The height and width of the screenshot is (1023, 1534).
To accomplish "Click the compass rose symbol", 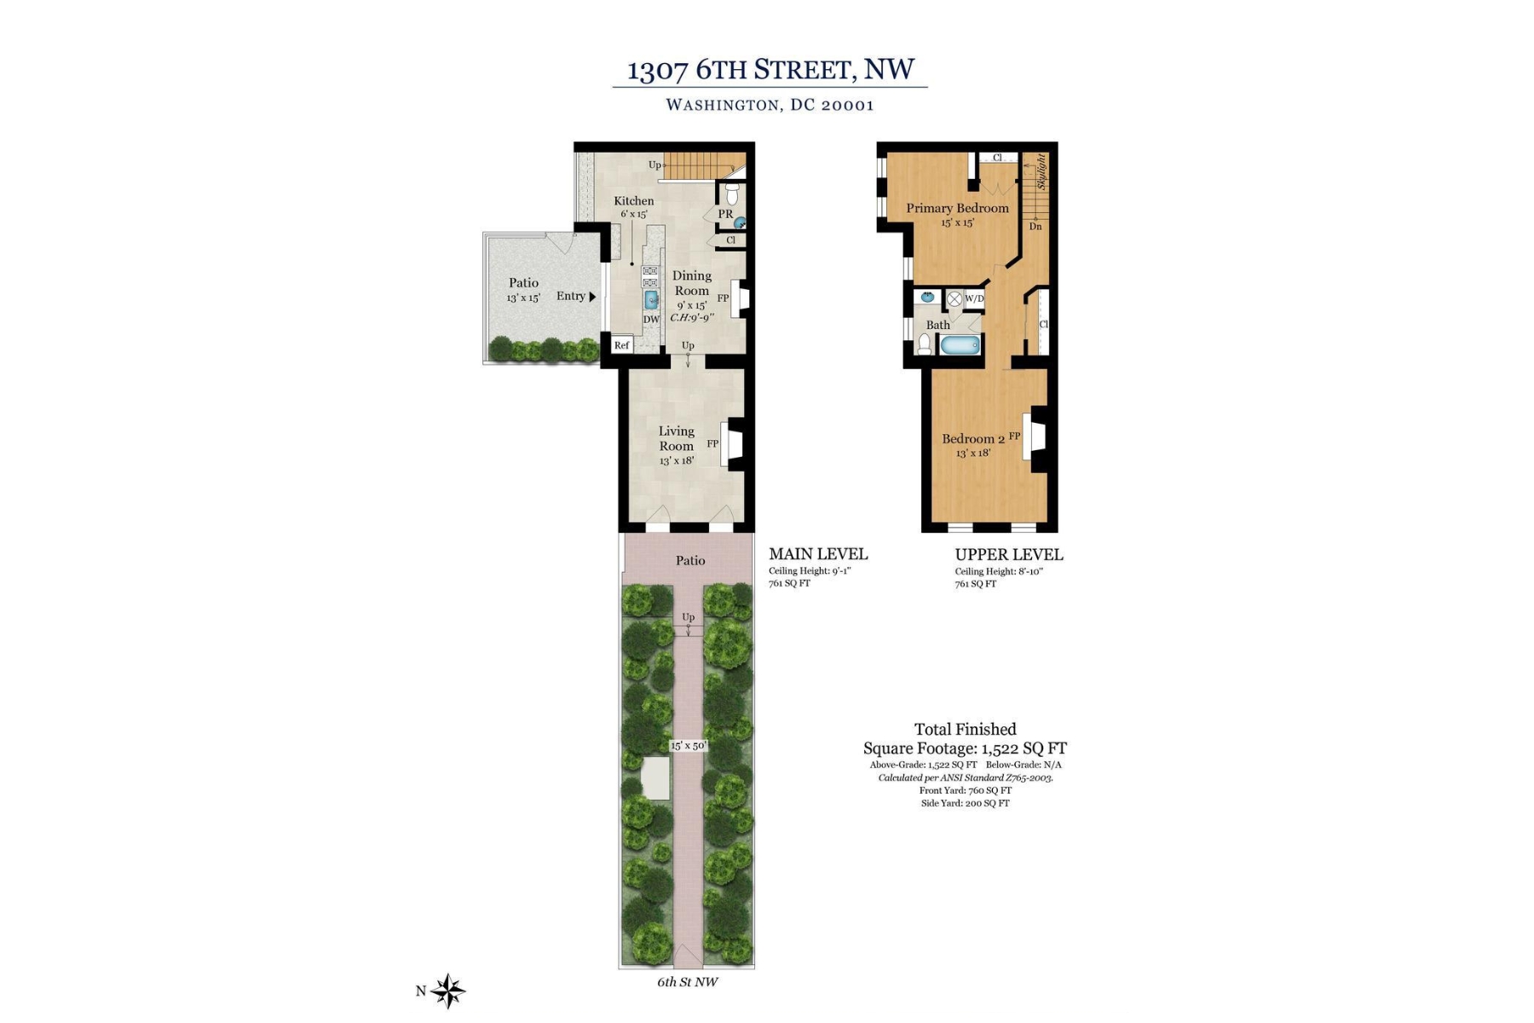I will click(447, 991).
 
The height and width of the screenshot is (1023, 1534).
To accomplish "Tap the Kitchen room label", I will click(634, 201).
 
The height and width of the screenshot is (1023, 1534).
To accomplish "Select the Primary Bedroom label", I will click(957, 208).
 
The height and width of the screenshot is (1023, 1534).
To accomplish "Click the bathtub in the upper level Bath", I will click(960, 346).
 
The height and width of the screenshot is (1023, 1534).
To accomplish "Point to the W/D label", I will click(974, 299).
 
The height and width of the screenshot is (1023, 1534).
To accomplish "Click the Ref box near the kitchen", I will click(622, 345).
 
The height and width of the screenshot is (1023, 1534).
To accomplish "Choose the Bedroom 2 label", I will click(972, 439).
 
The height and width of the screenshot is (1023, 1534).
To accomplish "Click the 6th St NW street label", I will click(687, 982).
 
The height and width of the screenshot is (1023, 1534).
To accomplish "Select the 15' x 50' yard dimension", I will click(689, 746).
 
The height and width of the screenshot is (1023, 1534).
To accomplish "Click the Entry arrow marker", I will click(592, 297).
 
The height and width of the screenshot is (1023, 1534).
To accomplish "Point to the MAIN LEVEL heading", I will click(818, 554).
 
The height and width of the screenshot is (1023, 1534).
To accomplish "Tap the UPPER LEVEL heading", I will click(1008, 555).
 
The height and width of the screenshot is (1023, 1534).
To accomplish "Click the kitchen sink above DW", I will click(651, 299).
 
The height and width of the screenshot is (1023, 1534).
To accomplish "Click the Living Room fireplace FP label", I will click(713, 444).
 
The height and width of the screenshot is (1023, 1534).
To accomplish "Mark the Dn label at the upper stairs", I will click(1035, 227).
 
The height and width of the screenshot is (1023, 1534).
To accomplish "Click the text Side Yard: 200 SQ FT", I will click(965, 803).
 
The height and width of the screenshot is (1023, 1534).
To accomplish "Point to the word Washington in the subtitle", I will click(721, 105).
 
